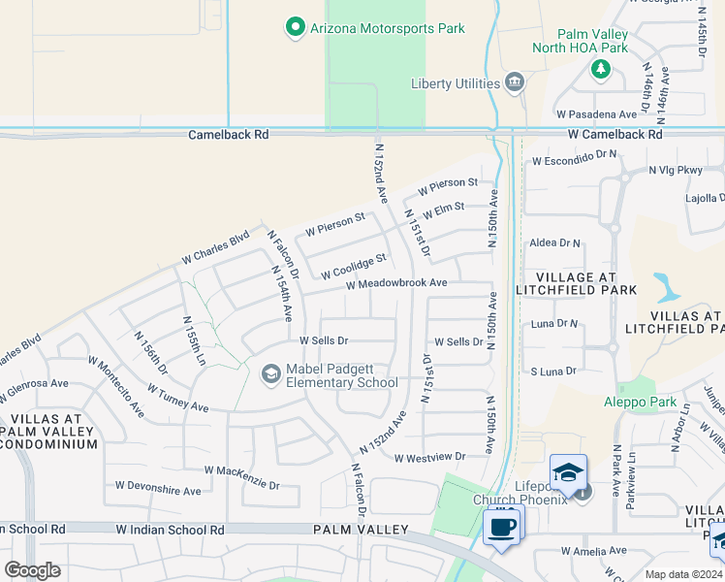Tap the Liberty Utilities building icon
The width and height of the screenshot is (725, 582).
click(515, 82)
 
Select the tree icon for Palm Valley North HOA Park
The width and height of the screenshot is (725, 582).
click(601, 69)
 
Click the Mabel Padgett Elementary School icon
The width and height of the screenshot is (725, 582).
click(271, 372)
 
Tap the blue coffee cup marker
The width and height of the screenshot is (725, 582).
click(500, 527)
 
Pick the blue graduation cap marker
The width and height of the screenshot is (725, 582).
click(568, 472)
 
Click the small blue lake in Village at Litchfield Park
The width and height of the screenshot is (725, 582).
click(667, 287)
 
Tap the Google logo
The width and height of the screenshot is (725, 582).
click(33, 569)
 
